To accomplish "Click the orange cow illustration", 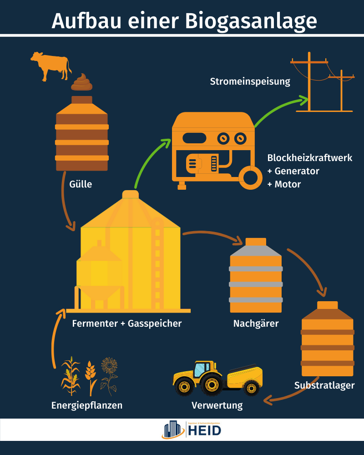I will coord(51,65).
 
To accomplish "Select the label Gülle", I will coord(81,184).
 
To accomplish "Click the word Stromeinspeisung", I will coord(250,82).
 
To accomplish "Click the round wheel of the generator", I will coord(250,177).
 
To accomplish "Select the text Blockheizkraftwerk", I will coord(310,158).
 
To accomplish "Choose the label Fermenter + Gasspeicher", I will coord(127,324).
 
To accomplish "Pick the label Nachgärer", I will coord(256,324).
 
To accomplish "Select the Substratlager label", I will coord(324,386).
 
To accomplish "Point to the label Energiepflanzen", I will coord(87,405).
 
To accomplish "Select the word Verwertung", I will coord(217,405).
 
